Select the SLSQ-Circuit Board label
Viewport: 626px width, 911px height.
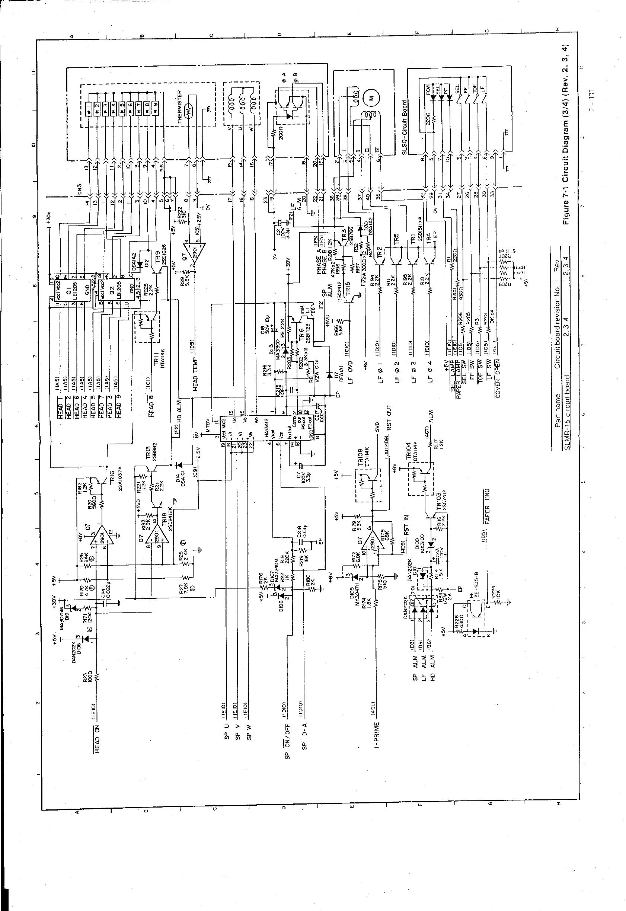pyautogui.click(x=405, y=127)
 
